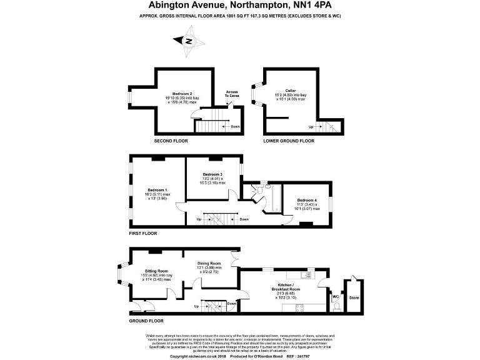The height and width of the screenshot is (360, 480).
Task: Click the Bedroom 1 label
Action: (157, 189)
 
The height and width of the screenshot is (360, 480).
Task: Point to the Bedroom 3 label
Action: (213, 174)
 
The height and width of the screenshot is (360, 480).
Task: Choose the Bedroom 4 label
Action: (307, 200)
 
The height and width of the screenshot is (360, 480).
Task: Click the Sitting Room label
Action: (149, 271)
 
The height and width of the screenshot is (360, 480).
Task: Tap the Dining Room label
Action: (209, 264)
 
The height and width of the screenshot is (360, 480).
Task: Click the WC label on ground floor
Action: (335, 296)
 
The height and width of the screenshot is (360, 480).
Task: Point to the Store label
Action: (354, 297)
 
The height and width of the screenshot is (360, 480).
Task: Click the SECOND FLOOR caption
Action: (171, 141)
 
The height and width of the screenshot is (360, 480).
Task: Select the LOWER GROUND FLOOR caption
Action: (289, 141)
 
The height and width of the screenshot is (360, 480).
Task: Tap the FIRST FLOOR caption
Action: (143, 233)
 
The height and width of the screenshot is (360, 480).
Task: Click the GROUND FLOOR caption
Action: (146, 321)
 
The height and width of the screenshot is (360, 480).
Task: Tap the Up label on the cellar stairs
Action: (311, 127)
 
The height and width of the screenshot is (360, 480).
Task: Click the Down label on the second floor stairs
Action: (235, 126)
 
